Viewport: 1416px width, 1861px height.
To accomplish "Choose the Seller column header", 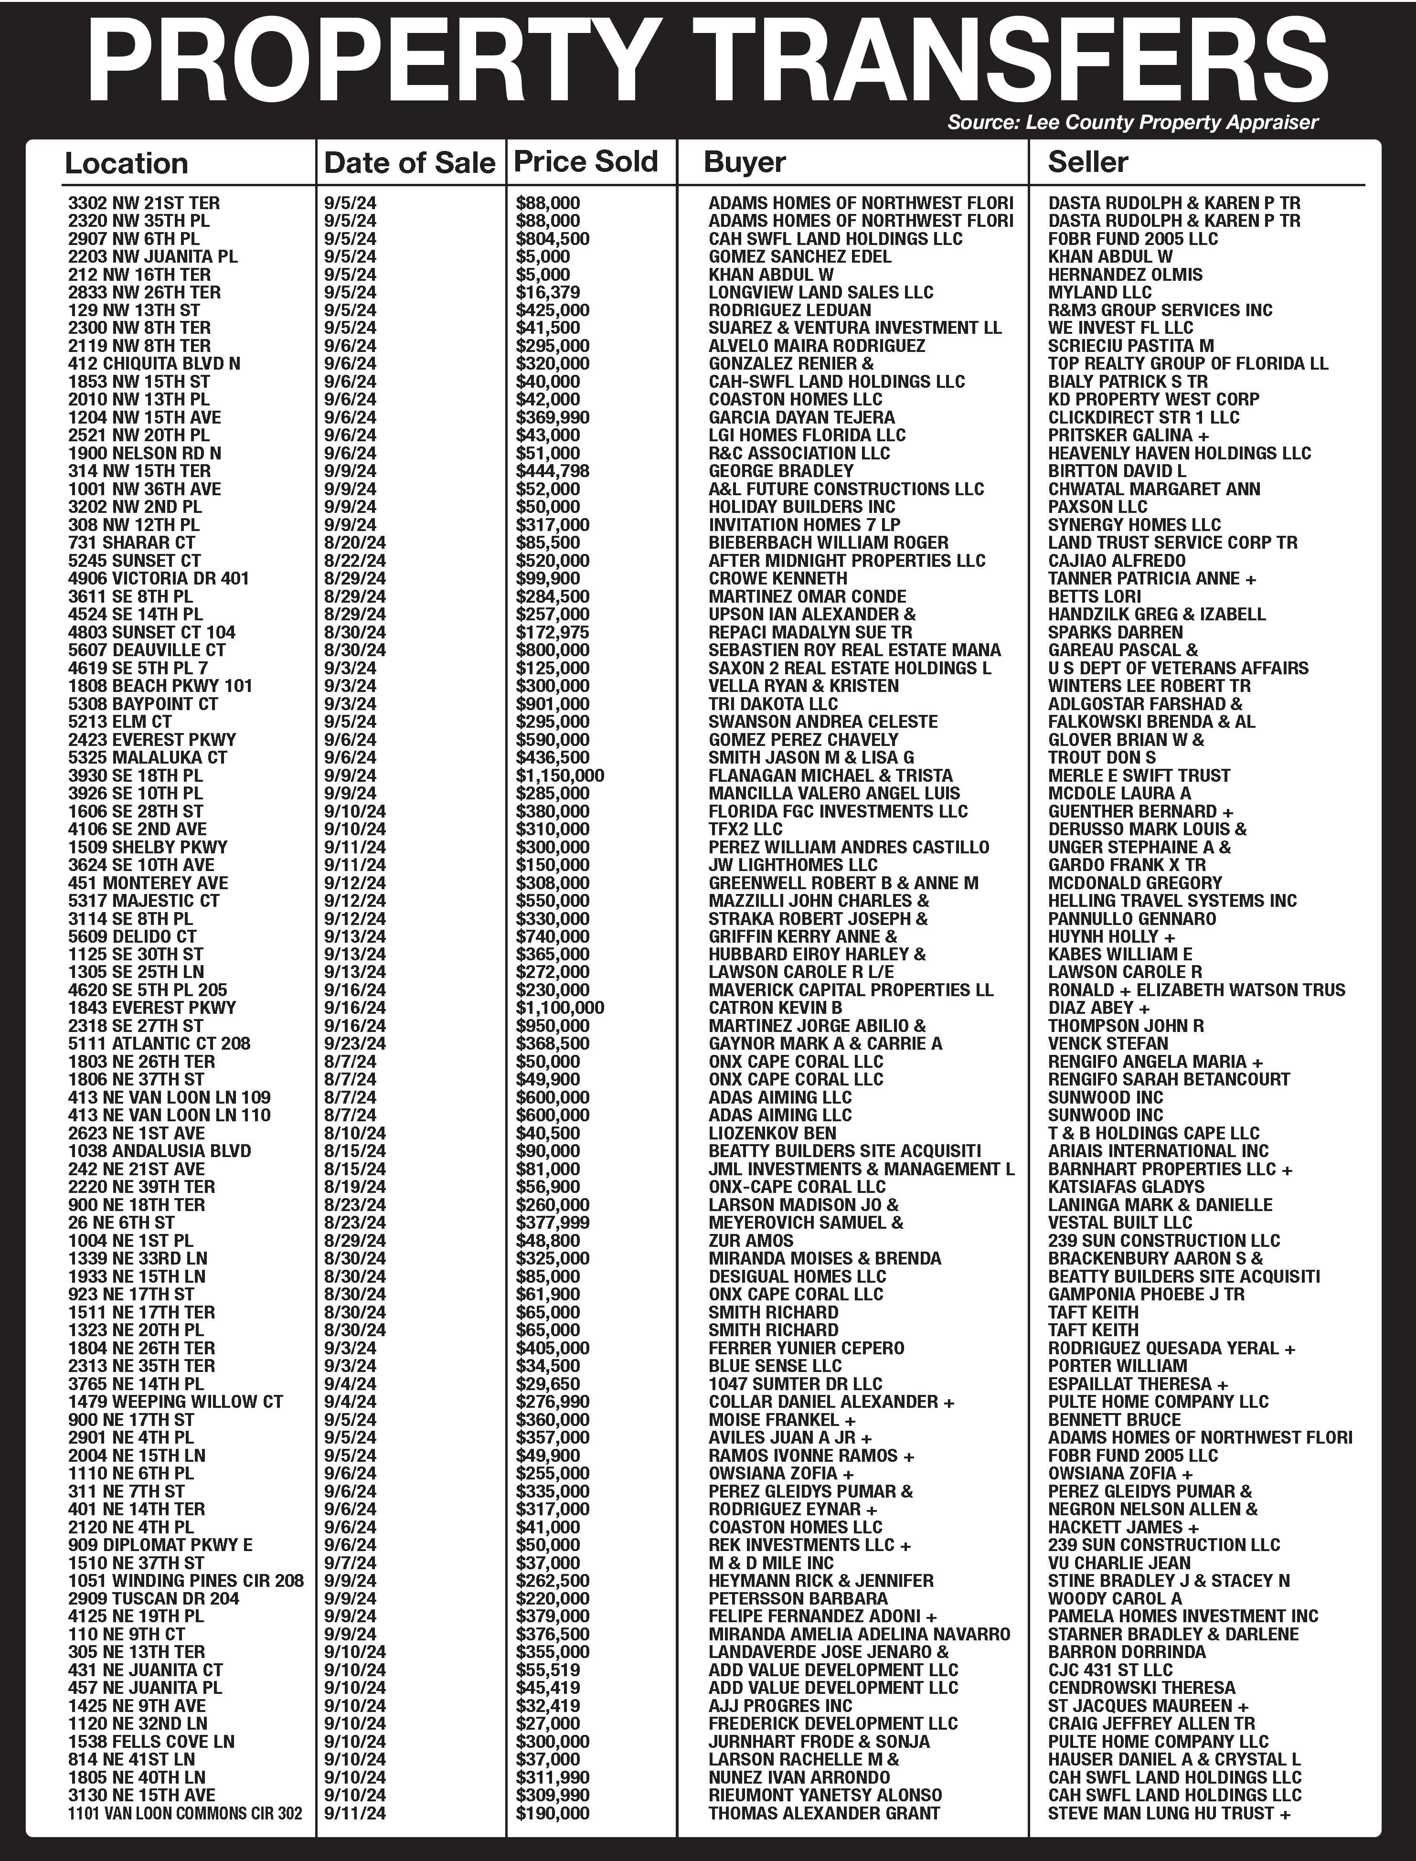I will pos(1087,162).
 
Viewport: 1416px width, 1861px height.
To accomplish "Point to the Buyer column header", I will pos(744,162).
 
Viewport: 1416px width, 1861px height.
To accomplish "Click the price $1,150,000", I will pos(560,776).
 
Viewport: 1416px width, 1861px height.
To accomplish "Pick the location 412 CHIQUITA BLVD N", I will pos(154,363).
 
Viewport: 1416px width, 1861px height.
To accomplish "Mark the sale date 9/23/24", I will pos(355,1043).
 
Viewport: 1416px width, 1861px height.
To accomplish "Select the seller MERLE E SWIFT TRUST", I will pos(1139,776).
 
